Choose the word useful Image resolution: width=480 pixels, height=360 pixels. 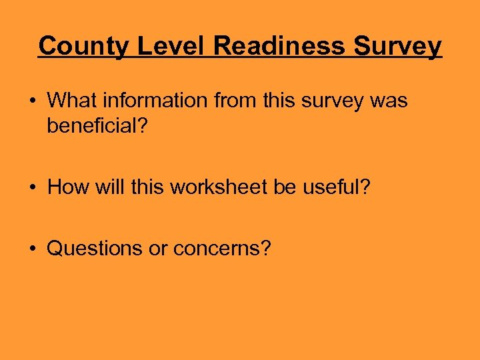click(335, 187)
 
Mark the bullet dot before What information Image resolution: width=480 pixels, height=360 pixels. click(32, 101)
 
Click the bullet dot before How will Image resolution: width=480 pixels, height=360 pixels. click(32, 188)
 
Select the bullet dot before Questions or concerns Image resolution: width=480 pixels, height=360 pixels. click(32, 249)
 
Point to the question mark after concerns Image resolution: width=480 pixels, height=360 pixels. click(266, 249)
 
